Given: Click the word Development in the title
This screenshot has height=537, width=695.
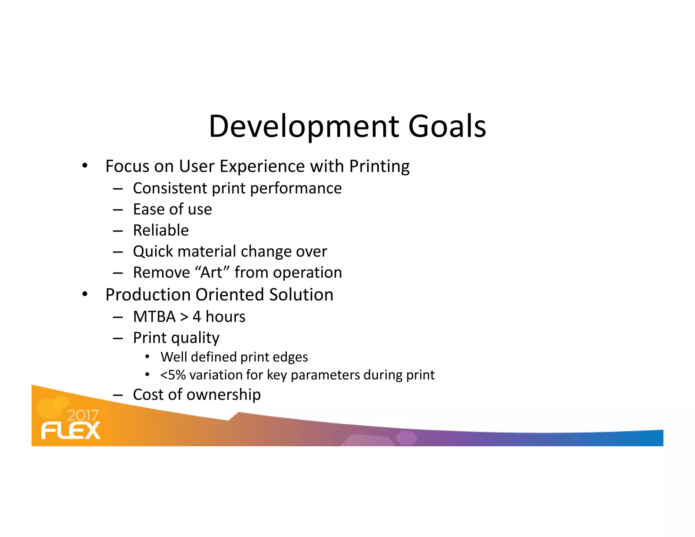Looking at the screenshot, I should tap(304, 127).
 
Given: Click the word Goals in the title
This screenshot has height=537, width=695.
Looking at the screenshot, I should tap(447, 127).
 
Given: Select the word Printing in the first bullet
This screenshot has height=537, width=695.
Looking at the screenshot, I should tap(379, 167).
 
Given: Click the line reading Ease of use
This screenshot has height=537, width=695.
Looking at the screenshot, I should tap(172, 209).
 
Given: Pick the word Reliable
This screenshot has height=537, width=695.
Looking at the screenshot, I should tap(161, 230).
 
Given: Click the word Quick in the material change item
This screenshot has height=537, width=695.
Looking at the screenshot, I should tap(153, 252).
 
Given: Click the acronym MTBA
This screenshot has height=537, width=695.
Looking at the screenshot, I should tap(154, 317).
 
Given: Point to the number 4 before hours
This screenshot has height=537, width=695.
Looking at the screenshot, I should tap(197, 317).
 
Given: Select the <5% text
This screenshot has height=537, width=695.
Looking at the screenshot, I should tap(173, 375).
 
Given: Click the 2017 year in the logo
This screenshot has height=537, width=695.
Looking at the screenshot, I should tap(83, 415).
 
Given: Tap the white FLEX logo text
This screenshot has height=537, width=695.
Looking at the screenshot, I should tap(71, 431).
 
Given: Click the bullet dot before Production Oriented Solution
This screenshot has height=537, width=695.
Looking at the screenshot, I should tap(85, 294).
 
